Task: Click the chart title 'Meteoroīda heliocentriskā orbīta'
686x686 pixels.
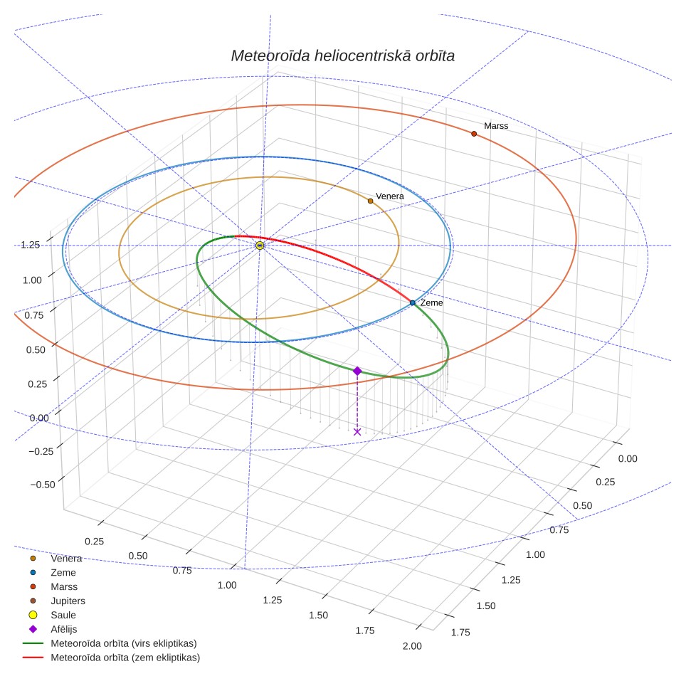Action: click(x=342, y=56)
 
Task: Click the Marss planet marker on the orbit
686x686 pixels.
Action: click(x=474, y=134)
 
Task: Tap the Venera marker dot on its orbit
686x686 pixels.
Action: click(x=371, y=201)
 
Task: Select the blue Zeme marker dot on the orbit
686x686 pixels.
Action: click(x=413, y=302)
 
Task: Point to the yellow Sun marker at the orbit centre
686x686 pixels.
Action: click(x=260, y=246)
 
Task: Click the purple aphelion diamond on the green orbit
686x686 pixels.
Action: click(x=357, y=371)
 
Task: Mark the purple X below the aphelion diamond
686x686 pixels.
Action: click(x=357, y=432)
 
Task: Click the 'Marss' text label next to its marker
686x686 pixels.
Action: click(x=496, y=126)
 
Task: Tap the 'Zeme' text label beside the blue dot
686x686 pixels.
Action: click(x=431, y=302)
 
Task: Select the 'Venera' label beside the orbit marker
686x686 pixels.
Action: click(x=390, y=196)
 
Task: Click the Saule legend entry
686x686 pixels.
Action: click(x=53, y=615)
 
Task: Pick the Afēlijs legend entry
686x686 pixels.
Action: click(x=53, y=629)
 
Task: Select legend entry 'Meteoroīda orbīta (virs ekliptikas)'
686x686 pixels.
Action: click(x=110, y=643)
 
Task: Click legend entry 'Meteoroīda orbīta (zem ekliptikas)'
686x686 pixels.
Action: click(x=112, y=658)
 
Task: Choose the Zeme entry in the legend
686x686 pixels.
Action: click(x=53, y=572)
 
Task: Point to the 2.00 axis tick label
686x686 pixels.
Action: click(x=412, y=646)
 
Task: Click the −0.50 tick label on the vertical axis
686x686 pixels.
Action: click(x=43, y=485)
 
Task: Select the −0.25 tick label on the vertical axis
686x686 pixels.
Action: click(x=41, y=451)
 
